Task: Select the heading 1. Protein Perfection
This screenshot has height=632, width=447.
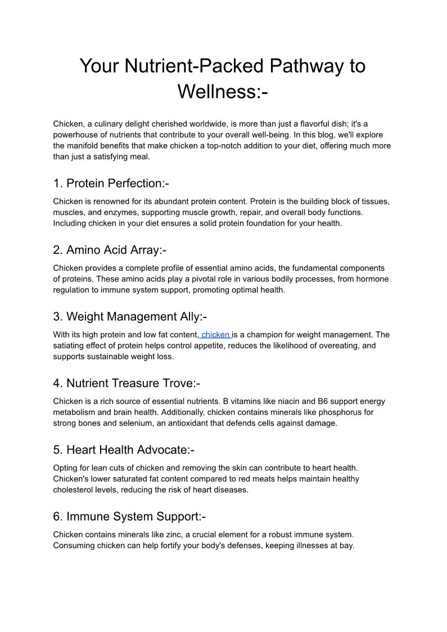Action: [111, 183]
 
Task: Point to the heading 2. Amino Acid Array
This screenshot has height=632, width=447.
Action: [110, 250]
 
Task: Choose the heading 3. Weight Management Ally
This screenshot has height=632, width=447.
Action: [130, 317]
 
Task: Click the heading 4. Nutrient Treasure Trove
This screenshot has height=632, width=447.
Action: [127, 383]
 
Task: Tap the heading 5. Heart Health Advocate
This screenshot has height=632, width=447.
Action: [124, 450]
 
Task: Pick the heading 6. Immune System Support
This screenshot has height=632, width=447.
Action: [130, 516]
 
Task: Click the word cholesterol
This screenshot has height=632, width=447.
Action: [74, 490]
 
